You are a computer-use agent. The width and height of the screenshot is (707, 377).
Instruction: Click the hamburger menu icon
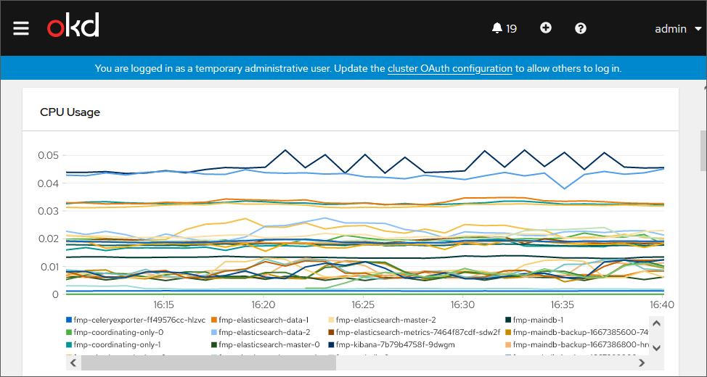point(21,28)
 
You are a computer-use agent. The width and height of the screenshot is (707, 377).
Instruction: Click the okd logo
point(73,27)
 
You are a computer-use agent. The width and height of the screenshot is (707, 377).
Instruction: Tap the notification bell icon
point(496,28)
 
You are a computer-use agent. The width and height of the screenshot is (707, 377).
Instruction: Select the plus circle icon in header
point(546,28)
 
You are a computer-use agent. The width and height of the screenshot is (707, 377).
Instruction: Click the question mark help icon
point(581,28)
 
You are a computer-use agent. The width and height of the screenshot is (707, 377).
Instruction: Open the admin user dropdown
point(678,29)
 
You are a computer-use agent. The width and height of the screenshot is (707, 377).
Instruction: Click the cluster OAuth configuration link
point(450,69)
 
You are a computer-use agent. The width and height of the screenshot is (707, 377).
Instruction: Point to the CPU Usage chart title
point(70,112)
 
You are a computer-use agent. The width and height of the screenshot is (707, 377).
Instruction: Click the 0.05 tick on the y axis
point(48,155)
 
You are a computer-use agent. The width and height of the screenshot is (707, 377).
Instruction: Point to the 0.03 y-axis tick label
point(48,211)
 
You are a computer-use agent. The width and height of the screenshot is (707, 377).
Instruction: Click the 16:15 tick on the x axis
point(163,305)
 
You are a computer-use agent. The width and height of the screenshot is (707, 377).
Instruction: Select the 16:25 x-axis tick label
point(363,305)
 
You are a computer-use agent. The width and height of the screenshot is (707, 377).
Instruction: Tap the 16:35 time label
point(563,305)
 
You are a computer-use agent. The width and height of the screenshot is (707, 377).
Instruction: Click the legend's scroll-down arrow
point(656,347)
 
